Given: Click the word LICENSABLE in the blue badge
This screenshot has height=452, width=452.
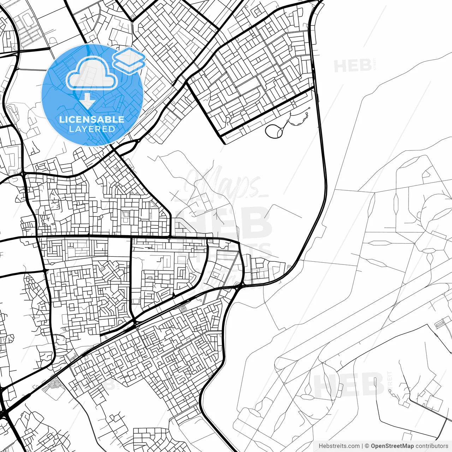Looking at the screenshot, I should point(92,119).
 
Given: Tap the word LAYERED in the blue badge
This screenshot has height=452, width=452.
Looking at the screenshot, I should point(92,129).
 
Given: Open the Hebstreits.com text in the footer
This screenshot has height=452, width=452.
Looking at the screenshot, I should point(339,446).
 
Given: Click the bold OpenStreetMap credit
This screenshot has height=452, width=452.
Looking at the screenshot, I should point(392,446).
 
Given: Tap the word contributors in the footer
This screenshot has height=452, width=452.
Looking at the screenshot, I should point(432,446).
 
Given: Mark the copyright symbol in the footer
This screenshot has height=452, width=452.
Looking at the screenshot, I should point(367,446).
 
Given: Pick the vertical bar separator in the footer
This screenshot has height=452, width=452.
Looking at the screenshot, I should point(362,446).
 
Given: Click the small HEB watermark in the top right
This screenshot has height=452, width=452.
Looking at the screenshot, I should point(352,66).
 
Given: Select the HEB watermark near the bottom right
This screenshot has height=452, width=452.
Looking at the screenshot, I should point(348,384).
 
